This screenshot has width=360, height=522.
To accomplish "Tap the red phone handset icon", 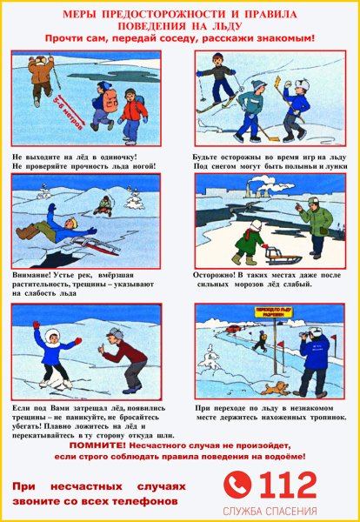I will [x=237, y=484].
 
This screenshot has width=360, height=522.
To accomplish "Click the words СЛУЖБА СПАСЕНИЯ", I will [x=270, y=511].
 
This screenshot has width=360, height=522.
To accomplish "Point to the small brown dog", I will [x=279, y=386].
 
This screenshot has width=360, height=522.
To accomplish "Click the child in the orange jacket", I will [x=132, y=112].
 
